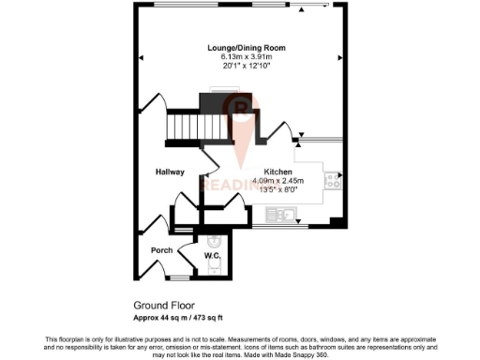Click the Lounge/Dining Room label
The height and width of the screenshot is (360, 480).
click(247, 48)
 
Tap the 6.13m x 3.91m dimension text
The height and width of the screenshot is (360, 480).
click(247, 57)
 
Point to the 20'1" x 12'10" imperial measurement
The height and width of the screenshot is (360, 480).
click(247, 67)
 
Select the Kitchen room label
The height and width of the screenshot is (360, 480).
click(278, 172)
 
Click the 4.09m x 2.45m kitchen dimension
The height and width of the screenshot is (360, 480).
click(278, 180)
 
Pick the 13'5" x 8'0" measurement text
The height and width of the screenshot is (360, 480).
click(278, 188)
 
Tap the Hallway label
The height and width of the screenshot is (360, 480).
click(170, 172)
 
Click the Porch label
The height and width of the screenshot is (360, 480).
click(161, 249)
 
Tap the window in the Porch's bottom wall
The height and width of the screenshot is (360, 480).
click(177, 278)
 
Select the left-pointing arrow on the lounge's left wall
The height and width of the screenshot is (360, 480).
click(142, 59)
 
